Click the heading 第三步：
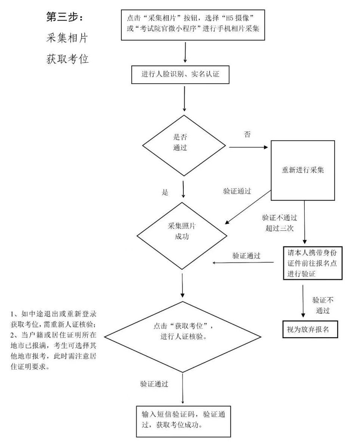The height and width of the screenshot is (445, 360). (x=65, y=17)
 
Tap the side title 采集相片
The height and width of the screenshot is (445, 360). (x=67, y=38)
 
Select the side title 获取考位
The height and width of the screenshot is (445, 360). (x=67, y=59)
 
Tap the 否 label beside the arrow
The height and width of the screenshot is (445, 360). (x=247, y=134)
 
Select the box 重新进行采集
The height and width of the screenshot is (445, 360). (x=302, y=170)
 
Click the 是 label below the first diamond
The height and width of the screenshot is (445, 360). (x=165, y=193)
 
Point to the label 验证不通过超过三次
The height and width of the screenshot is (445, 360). (x=279, y=223)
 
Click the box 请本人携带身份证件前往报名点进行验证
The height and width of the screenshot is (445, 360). (x=312, y=263)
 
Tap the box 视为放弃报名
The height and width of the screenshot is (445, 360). (x=310, y=329)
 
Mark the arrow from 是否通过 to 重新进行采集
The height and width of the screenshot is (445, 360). (x=248, y=147)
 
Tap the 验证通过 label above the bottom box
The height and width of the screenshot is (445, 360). (x=154, y=384)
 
